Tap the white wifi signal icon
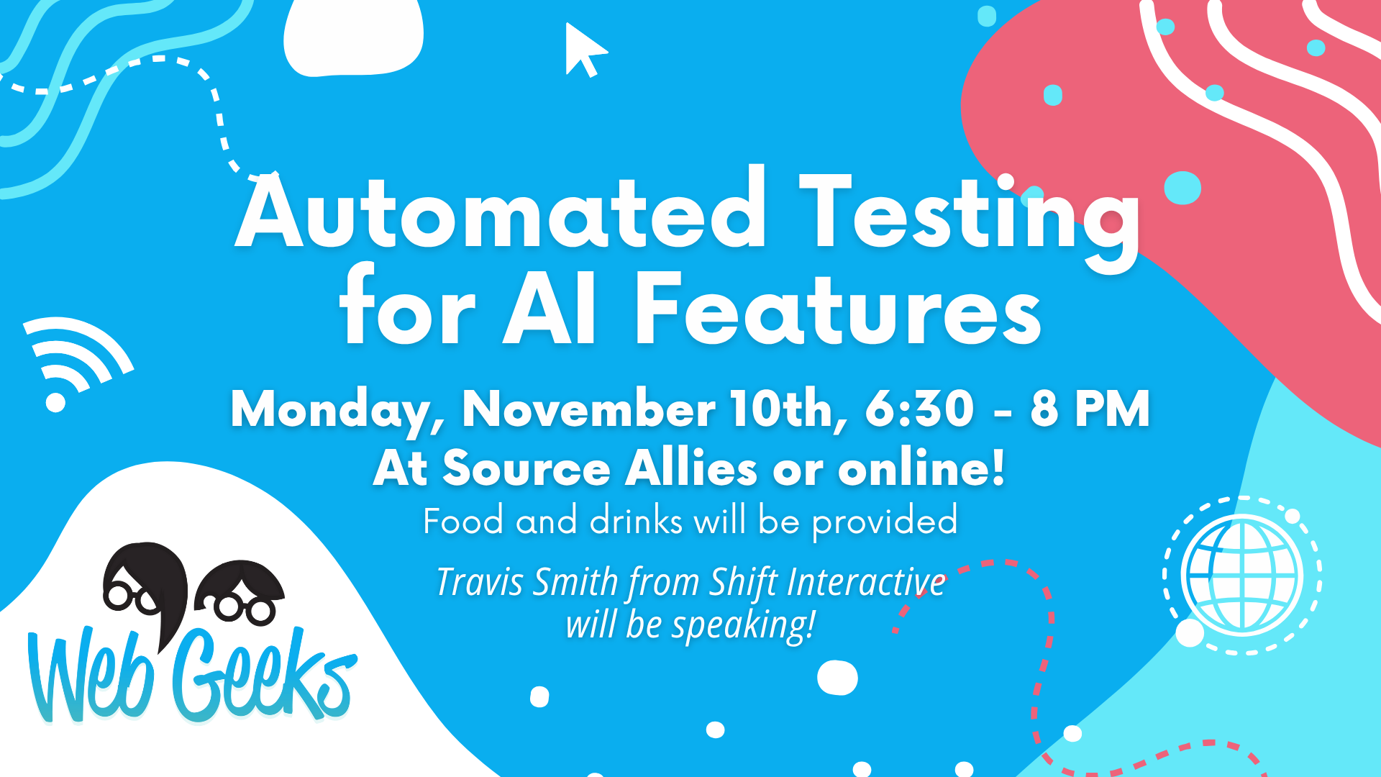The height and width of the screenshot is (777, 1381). (x=76, y=360)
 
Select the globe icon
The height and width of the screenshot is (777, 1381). (x=1242, y=575)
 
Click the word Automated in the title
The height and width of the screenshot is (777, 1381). (x=501, y=211)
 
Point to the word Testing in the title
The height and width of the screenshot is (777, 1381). (x=970, y=219)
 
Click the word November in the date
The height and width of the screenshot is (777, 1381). (x=589, y=409)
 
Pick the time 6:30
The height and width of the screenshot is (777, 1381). (x=919, y=409)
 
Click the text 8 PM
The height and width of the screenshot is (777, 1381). (x=1090, y=409)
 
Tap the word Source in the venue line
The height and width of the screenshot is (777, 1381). (x=527, y=469)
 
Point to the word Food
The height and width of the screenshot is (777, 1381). (x=463, y=521)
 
